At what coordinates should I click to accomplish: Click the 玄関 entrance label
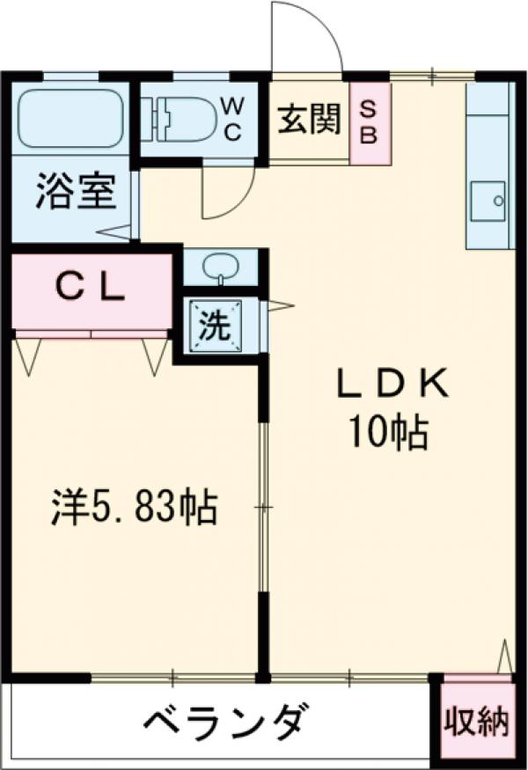[309, 119]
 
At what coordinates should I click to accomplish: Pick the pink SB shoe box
[369, 122]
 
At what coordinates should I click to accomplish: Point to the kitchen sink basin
[488, 201]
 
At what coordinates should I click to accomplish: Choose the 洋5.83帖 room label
[133, 507]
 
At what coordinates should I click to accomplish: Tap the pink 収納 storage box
[475, 721]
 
